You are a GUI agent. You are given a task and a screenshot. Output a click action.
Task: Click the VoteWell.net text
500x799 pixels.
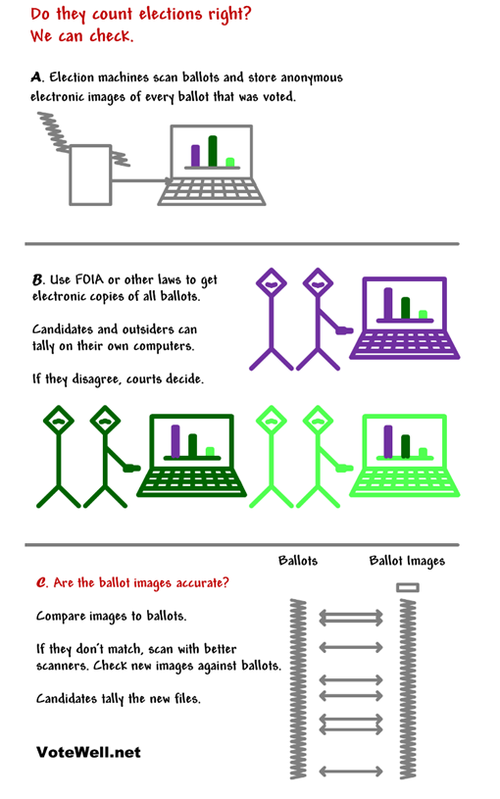tap(88, 752)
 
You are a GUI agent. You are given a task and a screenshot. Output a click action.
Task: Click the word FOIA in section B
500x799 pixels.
tap(89, 279)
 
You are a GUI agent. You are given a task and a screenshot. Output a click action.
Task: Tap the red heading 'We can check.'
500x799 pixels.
tap(81, 36)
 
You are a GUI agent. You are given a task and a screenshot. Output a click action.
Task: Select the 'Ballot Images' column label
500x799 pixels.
tap(407, 561)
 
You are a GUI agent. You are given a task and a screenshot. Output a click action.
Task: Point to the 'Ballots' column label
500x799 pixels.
tap(298, 561)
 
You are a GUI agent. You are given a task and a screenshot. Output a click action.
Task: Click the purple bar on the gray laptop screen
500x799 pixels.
tap(195, 156)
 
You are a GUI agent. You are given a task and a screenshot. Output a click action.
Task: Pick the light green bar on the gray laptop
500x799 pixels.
tap(229, 162)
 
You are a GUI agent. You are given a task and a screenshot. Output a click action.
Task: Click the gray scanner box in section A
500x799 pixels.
tap(90, 175)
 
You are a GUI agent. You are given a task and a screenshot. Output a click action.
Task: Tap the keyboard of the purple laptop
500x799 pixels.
tap(405, 345)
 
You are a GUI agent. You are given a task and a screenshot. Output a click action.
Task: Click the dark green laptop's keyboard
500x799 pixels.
tap(191, 482)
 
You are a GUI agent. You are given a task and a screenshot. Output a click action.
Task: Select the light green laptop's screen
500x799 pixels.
tap(404, 440)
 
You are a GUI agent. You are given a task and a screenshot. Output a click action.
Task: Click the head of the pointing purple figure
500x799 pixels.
tap(318, 282)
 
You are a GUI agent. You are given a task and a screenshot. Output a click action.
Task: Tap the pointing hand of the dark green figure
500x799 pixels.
tap(132, 468)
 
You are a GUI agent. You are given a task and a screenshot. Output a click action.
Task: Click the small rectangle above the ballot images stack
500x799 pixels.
tap(408, 587)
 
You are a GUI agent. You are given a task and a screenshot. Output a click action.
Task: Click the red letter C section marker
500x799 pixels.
tap(41, 582)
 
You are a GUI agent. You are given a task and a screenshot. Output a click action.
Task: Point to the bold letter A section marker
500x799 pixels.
tap(36, 77)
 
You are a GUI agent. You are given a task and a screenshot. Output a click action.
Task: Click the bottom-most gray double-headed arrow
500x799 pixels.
tap(351, 772)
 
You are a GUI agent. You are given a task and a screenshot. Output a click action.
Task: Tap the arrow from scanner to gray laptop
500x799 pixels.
tap(140, 180)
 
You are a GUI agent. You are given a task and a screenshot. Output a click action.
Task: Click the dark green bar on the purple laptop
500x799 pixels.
tap(405, 308)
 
